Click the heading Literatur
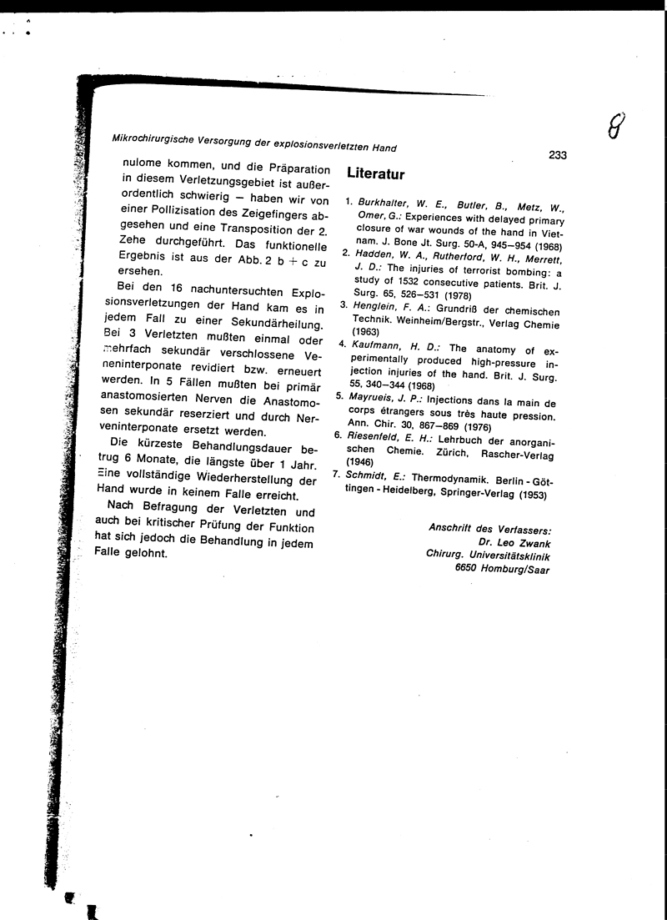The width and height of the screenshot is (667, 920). point(376,174)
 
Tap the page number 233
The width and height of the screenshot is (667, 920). point(558,154)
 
